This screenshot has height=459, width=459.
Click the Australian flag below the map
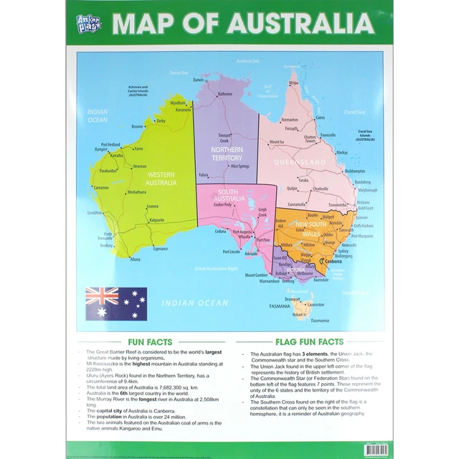[x=116, y=303]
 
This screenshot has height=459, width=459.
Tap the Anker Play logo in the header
[x=90, y=24]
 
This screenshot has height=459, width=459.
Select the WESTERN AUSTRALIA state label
[x=161, y=179]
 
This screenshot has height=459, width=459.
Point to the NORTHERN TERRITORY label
[x=227, y=153]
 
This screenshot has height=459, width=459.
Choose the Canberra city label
[x=333, y=261]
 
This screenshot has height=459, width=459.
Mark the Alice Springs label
[x=239, y=166]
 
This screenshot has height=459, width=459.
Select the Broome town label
[x=137, y=127]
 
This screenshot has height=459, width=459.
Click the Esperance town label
[x=160, y=249]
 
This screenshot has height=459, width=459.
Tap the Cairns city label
[x=320, y=118]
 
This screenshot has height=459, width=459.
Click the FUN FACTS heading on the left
[x=149, y=342]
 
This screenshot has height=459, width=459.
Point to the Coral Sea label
[x=354, y=112]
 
